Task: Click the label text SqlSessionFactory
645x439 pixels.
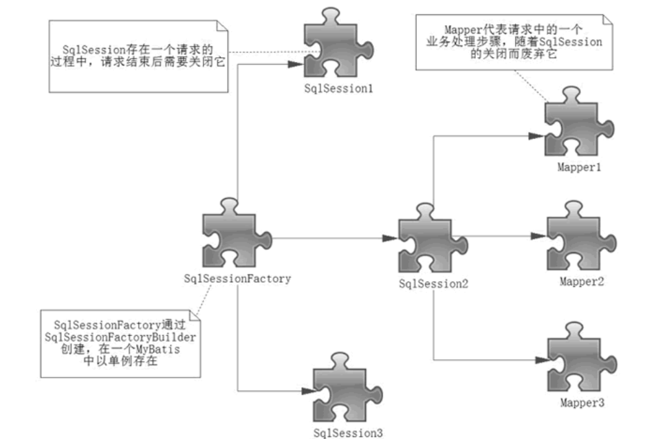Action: coord(237,279)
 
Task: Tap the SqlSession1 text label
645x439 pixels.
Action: coord(338,89)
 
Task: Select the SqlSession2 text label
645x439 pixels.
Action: coord(434,284)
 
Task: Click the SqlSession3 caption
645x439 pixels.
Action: coord(348,433)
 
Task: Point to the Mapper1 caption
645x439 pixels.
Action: coord(579,167)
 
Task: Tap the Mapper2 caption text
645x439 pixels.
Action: coord(582,282)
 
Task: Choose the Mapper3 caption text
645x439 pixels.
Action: coord(582,403)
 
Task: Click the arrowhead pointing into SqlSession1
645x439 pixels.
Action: coord(296,64)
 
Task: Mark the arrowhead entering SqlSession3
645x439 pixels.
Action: coord(309,391)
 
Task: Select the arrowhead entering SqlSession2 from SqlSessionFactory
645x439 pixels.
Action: coord(391,238)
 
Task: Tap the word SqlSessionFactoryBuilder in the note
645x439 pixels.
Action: coord(120,337)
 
